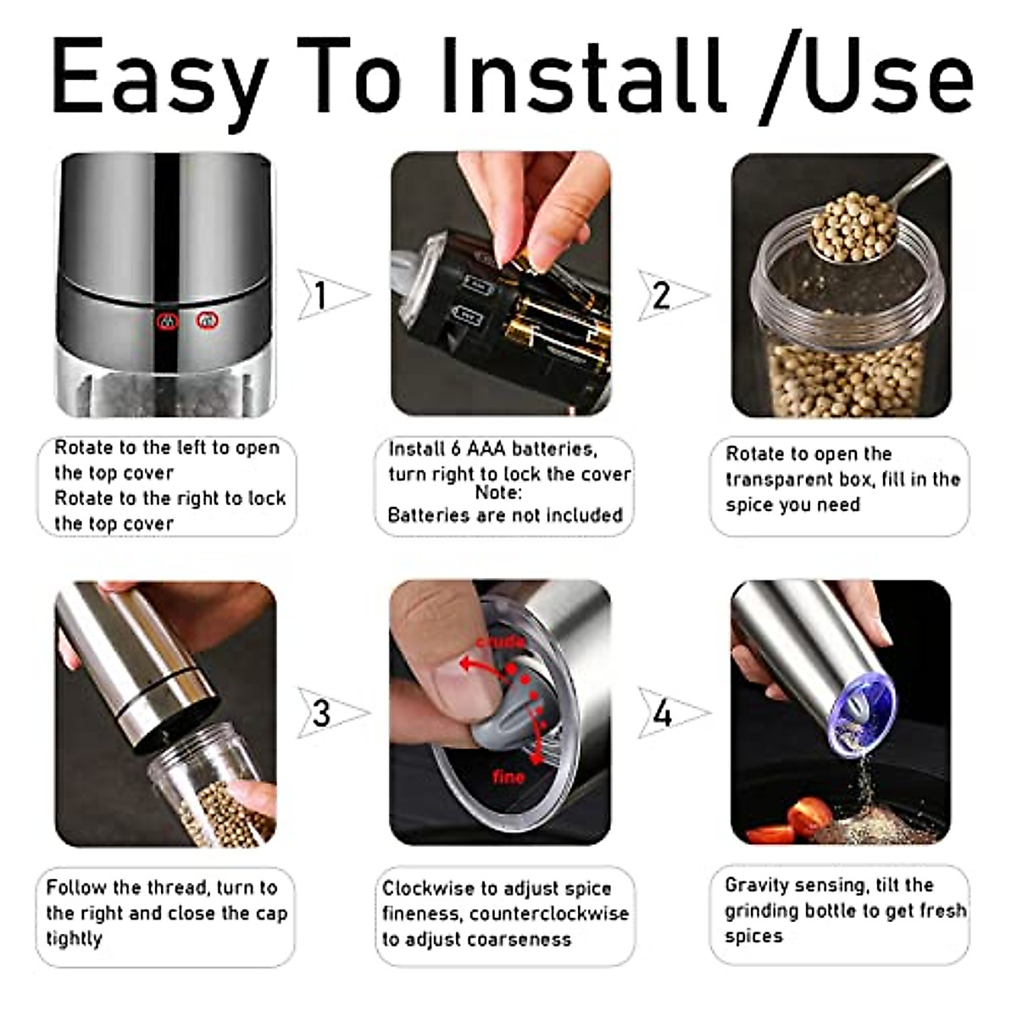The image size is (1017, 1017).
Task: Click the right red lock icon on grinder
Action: (x=207, y=320)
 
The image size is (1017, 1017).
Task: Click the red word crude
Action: (x=500, y=642)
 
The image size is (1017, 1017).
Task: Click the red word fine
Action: (x=508, y=776)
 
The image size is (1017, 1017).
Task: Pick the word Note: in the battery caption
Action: (x=497, y=492)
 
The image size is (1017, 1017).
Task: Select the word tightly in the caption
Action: (x=75, y=939)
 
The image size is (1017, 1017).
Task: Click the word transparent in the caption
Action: (x=781, y=480)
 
